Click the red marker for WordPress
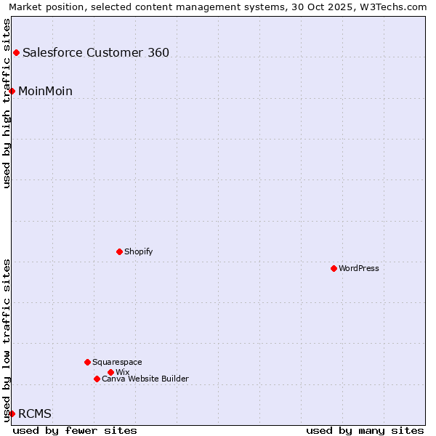(x=334, y=268)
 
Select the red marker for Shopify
(x=119, y=251)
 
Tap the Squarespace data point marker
(x=87, y=362)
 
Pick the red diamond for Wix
(x=110, y=372)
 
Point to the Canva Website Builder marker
(x=97, y=379)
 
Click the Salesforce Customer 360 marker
(x=16, y=52)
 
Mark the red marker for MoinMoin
(x=12, y=91)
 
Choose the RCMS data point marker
(x=12, y=413)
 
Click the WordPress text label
(x=359, y=268)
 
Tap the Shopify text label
(x=138, y=251)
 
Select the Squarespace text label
(x=117, y=362)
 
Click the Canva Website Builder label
(x=145, y=379)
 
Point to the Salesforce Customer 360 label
(x=96, y=52)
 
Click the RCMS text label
(x=35, y=413)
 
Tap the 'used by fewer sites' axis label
(x=75, y=430)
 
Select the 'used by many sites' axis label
(x=365, y=430)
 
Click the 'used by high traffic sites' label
(x=7, y=103)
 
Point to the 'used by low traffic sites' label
(x=7, y=340)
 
